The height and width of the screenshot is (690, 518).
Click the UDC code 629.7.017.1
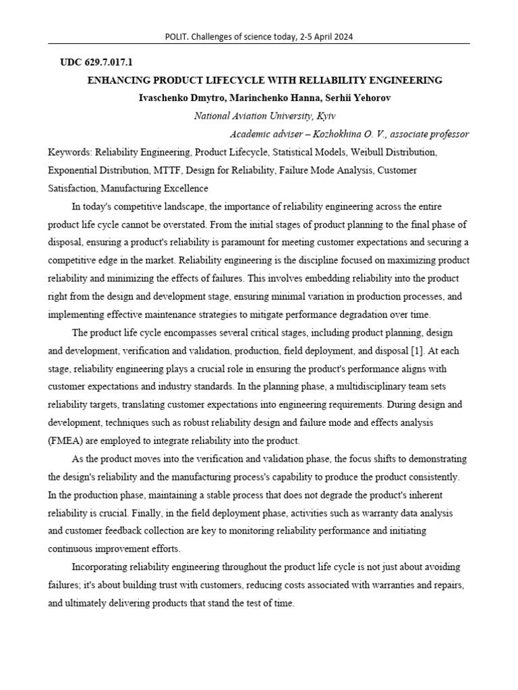click(109, 62)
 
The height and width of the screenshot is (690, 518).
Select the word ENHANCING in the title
click(117, 80)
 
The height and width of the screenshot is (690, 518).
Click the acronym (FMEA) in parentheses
click(67, 441)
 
